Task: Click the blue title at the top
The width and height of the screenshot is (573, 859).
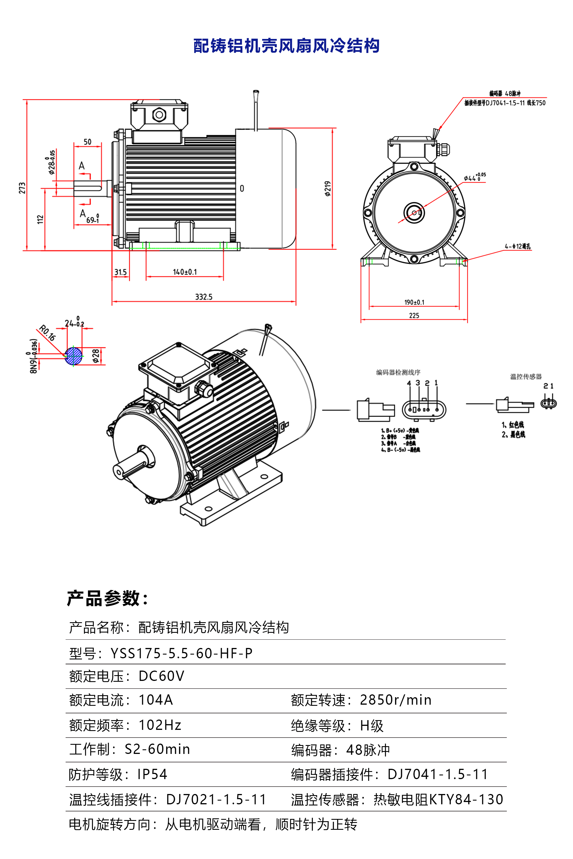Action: coord(286,46)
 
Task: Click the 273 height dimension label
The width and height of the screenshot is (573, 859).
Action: coord(22,188)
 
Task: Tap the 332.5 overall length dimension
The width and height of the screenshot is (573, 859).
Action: coord(203,297)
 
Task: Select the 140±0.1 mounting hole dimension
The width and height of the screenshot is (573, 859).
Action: coord(185,272)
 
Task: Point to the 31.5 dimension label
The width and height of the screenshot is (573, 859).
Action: coord(120,273)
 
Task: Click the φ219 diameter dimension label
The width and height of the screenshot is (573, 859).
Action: coord(327,188)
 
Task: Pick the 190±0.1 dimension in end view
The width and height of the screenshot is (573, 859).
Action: coord(414,302)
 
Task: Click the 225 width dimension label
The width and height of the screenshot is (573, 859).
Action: coord(414,316)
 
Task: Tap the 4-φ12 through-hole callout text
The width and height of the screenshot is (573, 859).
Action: coord(517,247)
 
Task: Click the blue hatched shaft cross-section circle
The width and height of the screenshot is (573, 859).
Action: coord(73,356)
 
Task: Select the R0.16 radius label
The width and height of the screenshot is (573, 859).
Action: coord(47,333)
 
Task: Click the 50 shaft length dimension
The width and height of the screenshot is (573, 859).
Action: coord(88,142)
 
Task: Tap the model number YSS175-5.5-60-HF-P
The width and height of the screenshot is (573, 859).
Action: coord(181,653)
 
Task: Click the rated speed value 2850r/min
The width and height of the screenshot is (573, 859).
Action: coord(395,700)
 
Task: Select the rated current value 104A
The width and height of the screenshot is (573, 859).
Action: coord(156,700)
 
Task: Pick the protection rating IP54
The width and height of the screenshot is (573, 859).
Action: coord(152,774)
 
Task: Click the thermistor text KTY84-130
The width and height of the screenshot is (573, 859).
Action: coord(466,799)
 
